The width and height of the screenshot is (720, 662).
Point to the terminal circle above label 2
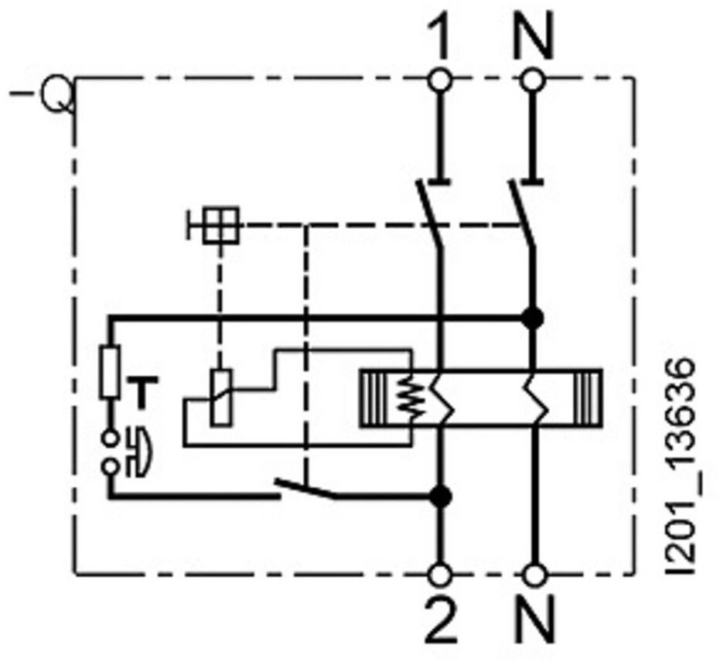[442, 575]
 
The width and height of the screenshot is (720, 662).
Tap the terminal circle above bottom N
[534, 575]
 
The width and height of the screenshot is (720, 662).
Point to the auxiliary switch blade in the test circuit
[307, 489]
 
